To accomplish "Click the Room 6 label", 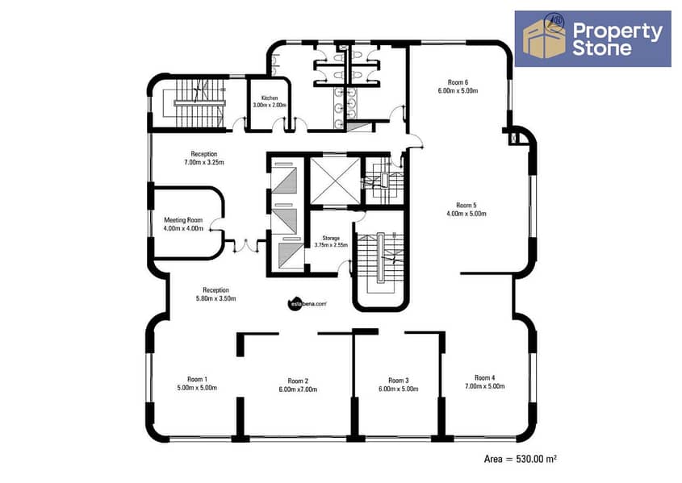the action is point(458,82).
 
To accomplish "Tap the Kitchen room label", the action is point(270,98).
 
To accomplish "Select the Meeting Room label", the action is point(183,220).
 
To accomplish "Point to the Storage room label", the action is point(331,238).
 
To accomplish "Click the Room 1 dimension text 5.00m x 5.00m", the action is point(197,387).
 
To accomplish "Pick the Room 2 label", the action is point(298,381).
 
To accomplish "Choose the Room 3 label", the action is point(399,381).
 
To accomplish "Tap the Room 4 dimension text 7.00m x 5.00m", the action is point(485,386).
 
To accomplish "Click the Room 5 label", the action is point(467,205).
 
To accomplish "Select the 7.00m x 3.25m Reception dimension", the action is point(204,162).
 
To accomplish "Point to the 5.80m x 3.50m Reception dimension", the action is point(215,298).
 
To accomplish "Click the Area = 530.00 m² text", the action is point(521,459).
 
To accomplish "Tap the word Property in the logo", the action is point(617,31).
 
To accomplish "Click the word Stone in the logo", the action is point(601,48).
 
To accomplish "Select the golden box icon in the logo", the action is point(544,38).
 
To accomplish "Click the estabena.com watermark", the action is point(307,304).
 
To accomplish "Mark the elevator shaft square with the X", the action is point(335,181).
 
